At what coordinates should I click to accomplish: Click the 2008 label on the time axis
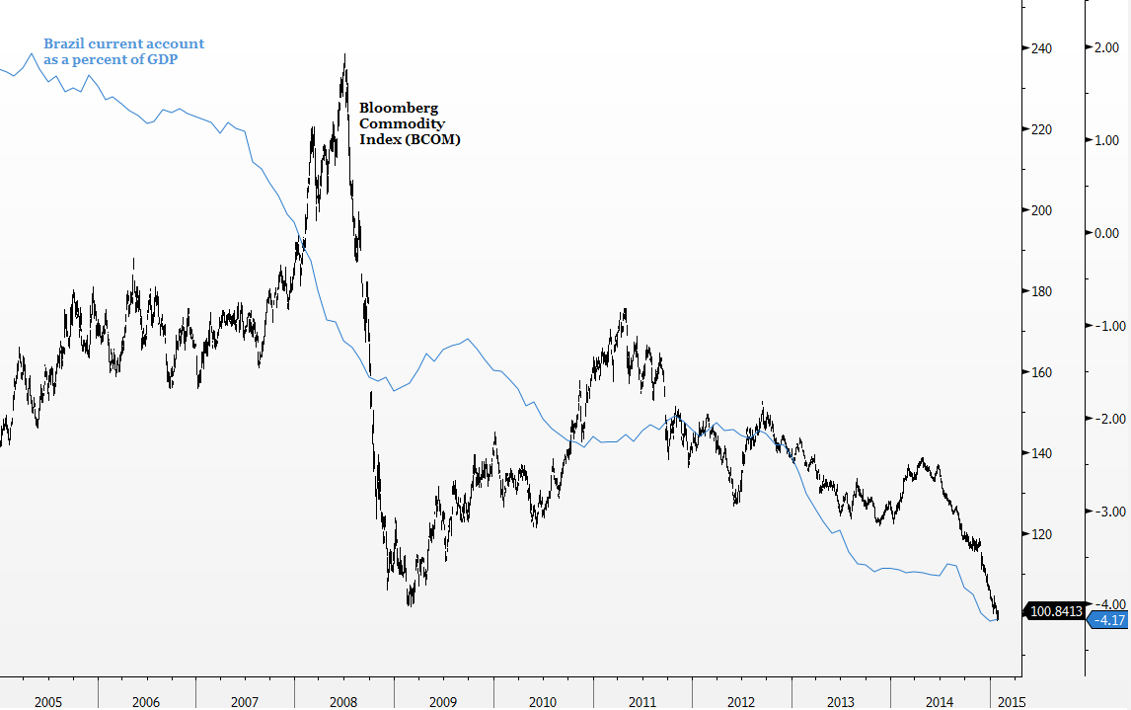(x=343, y=702)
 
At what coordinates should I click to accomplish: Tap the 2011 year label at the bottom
(x=642, y=702)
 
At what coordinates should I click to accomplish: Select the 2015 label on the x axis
(x=1011, y=702)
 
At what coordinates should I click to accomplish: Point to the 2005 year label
(x=47, y=702)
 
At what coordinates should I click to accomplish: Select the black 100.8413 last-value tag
(x=1056, y=612)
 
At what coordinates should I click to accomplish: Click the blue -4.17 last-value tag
(x=1110, y=620)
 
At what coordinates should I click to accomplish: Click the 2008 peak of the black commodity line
(x=344, y=55)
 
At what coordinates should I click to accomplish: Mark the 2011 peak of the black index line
(x=625, y=310)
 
